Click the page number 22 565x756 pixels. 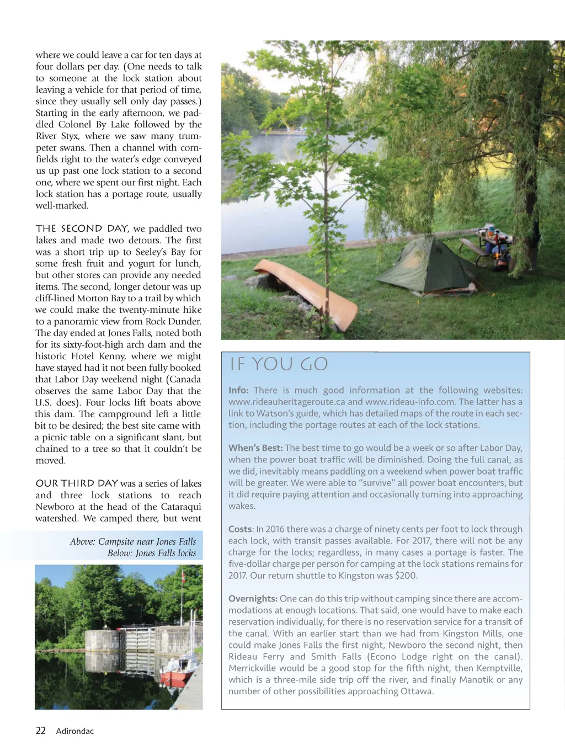[41, 731]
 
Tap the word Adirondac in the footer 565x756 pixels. [75, 731]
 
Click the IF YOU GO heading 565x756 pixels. [279, 364]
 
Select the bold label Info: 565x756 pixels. [238, 390]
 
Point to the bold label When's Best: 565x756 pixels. [255, 448]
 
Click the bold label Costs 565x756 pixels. [240, 529]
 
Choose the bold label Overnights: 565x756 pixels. [253, 599]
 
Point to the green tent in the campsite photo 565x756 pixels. [424, 265]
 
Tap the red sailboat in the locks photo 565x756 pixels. [179, 673]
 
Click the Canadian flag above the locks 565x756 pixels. [183, 577]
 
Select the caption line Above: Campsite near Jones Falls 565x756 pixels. [132, 541]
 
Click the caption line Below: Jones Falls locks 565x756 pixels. [152, 553]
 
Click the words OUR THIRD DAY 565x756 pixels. [77, 483]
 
